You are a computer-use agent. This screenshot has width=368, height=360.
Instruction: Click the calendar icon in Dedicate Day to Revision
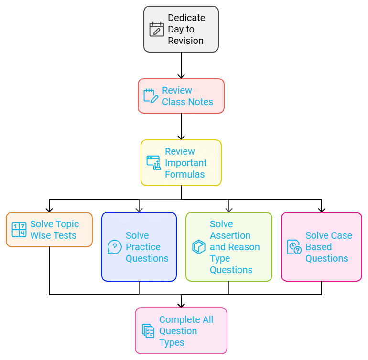point(157,29)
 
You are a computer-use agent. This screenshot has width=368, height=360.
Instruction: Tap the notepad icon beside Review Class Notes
point(151,96)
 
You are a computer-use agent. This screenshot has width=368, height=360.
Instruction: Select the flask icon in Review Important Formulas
point(153,163)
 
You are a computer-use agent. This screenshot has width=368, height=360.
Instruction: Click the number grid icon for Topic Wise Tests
point(19,230)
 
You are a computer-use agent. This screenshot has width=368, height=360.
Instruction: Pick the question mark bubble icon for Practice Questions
point(114,247)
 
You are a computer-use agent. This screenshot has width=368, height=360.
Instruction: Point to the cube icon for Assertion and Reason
point(198,247)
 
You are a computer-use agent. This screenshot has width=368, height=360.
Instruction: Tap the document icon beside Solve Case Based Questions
point(294,247)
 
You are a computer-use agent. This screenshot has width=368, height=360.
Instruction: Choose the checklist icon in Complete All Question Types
point(148,331)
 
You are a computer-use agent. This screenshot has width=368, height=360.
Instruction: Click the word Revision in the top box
point(185,41)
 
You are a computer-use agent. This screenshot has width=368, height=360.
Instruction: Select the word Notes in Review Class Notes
point(201,102)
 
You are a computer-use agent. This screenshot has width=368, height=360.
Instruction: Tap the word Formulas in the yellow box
point(184,174)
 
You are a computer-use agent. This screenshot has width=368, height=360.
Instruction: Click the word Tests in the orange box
point(65,235)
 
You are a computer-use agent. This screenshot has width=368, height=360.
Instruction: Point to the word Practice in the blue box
point(143,247)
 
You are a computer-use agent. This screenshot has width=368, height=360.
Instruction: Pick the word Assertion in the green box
point(230,235)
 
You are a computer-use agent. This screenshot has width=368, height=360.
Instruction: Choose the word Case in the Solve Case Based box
point(341,235)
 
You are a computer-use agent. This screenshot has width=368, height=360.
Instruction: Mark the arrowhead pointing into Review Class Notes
point(181,75)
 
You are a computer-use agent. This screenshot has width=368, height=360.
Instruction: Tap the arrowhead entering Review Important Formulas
point(181,137)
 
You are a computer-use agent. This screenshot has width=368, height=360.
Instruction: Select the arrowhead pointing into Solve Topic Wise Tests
point(49,209)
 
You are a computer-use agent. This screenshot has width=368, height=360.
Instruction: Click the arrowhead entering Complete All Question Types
point(181,305)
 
